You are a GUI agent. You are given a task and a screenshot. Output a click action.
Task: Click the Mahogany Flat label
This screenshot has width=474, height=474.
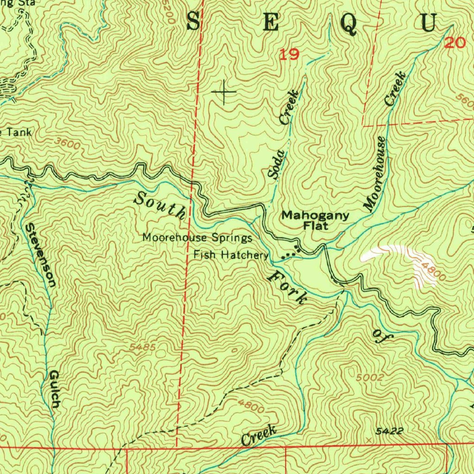tap(309, 220)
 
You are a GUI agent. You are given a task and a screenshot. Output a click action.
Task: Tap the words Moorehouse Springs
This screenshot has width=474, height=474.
tap(197, 238)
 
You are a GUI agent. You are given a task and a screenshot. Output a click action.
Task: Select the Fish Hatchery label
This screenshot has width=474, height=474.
tap(231, 255)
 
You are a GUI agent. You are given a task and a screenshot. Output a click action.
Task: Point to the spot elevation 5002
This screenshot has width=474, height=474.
tap(371, 377)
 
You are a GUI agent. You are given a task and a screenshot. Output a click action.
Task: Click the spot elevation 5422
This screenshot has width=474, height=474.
tap(389, 431)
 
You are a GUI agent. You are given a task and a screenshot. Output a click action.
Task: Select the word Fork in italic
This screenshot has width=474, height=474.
tap(287, 287)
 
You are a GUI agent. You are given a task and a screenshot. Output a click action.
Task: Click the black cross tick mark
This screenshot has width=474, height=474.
tap(224, 92)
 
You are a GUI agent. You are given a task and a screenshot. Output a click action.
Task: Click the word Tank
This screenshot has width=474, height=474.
tap(19, 132)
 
